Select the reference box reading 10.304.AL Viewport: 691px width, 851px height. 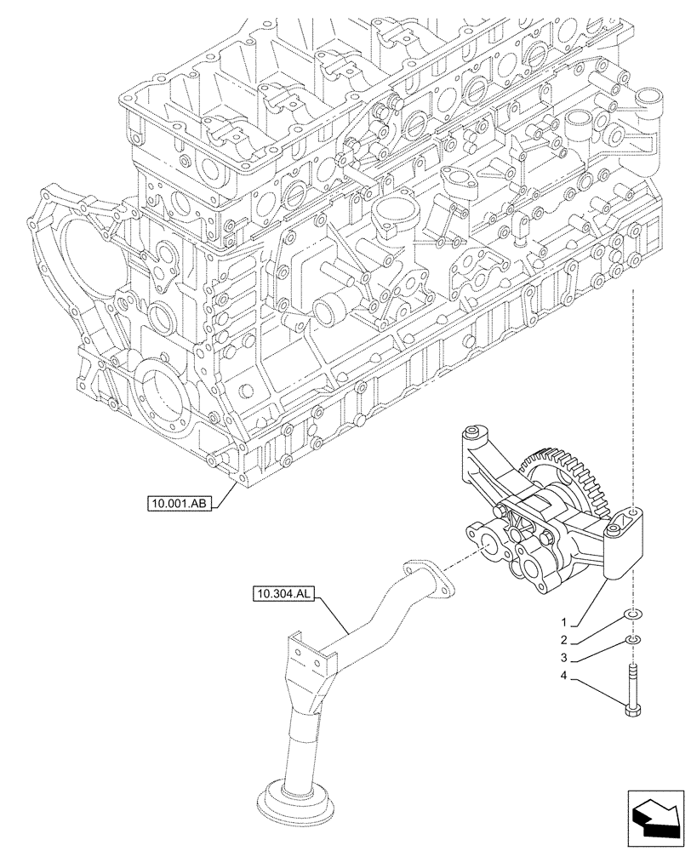[283, 593]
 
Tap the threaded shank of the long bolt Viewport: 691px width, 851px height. [634, 681]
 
